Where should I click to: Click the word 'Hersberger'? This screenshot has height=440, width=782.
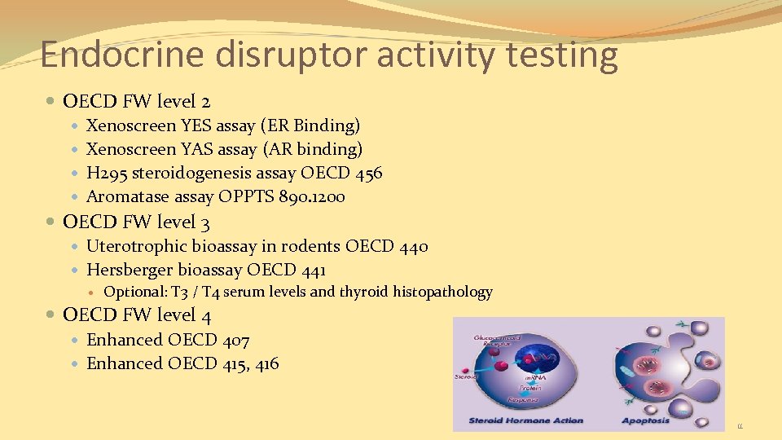coord(130,270)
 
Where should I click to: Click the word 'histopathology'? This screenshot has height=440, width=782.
coord(443,292)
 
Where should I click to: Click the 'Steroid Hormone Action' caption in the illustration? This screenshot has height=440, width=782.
coord(526,420)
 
